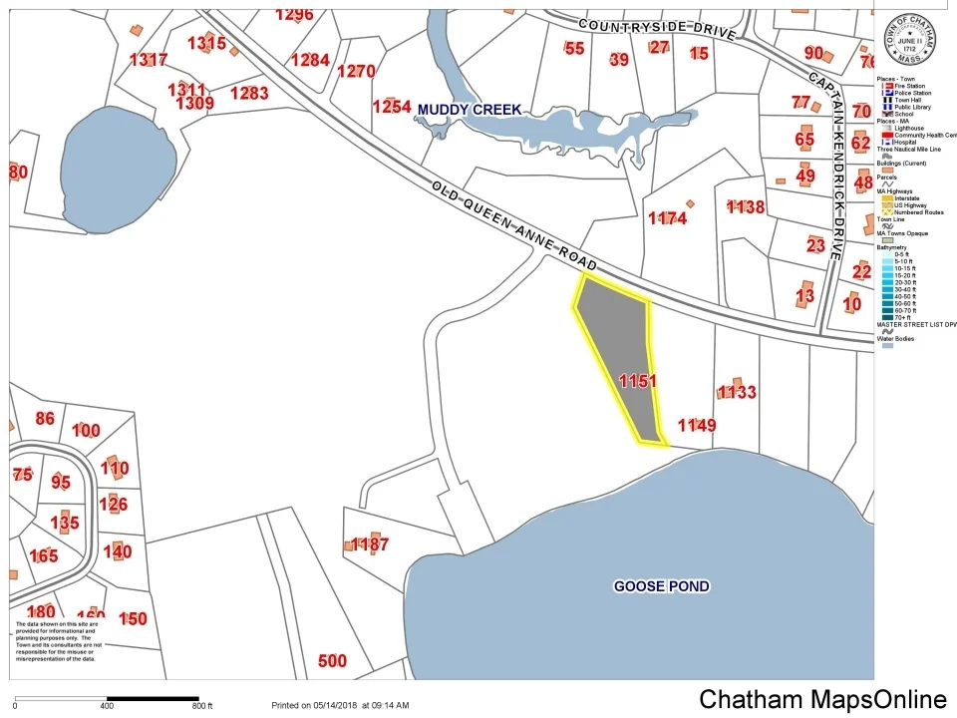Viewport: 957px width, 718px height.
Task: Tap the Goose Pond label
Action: click(x=661, y=586)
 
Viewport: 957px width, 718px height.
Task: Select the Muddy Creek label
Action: click(x=470, y=109)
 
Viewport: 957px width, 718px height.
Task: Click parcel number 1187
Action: click(x=369, y=544)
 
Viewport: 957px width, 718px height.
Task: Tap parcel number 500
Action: click(x=332, y=660)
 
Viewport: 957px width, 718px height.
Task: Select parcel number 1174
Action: click(x=667, y=217)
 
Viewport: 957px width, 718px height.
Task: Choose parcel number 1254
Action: click(x=392, y=106)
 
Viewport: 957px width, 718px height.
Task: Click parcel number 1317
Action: click(x=149, y=60)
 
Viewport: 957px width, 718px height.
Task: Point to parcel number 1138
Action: click(x=746, y=207)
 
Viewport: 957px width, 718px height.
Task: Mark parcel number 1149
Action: click(x=697, y=426)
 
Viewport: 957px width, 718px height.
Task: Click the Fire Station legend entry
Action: click(x=911, y=86)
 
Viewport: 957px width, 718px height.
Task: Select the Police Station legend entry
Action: click(x=911, y=93)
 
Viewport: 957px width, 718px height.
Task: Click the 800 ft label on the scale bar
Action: click(x=202, y=706)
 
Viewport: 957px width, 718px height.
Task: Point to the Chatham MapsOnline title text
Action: click(x=822, y=699)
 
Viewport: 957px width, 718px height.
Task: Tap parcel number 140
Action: click(x=118, y=551)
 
